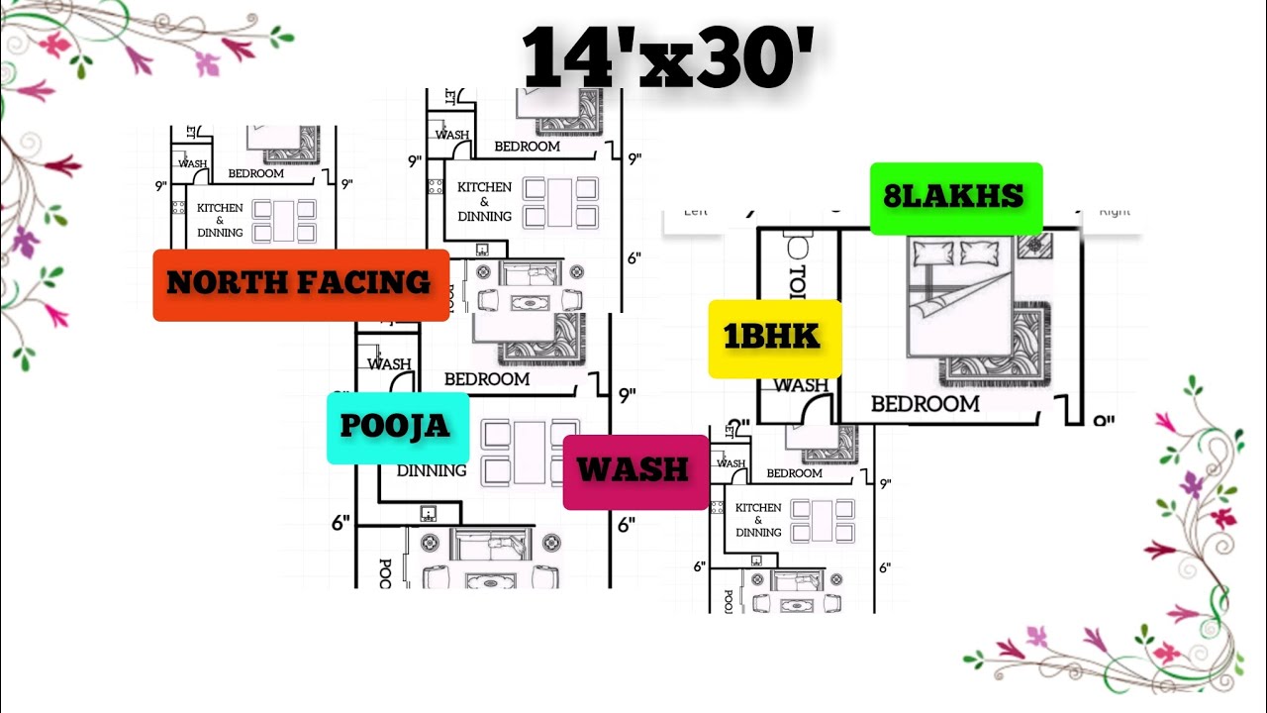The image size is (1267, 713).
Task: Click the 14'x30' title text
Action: point(670,58)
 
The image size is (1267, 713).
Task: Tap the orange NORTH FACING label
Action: point(300,284)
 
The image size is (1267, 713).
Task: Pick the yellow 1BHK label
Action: point(773,338)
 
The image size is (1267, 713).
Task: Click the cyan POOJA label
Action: point(396,427)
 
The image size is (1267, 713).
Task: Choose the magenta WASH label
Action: point(633,469)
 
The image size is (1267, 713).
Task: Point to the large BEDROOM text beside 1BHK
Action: point(925,404)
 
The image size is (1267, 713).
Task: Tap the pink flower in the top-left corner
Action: point(54,45)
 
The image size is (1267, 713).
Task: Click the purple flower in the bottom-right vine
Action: point(1192,484)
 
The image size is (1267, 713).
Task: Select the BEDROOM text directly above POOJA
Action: point(486,378)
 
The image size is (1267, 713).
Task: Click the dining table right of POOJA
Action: point(529,452)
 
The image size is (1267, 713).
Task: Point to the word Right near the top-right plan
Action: point(1115,211)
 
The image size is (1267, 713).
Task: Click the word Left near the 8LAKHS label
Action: point(697,211)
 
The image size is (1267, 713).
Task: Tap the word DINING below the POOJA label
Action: point(432,471)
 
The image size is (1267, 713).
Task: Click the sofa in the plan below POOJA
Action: point(491,546)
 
